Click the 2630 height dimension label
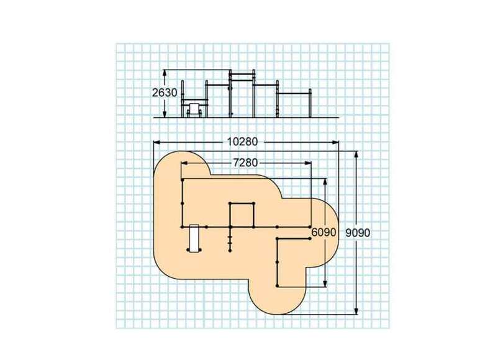tap(165, 92)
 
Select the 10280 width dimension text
tap(242, 142)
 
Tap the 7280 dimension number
tap(245, 163)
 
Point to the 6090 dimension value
tap(324, 233)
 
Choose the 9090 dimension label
tap(358, 233)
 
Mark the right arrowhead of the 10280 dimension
tap(335, 142)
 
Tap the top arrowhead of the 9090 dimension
tap(356, 155)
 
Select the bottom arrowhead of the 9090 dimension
tap(356, 310)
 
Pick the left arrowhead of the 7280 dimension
tap(185, 163)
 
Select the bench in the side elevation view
tap(194, 110)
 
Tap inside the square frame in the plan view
tap(242, 215)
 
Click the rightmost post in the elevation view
tap(310, 103)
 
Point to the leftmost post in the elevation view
tap(183, 99)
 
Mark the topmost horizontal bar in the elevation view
tap(242, 74)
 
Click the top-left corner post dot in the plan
tap(183, 180)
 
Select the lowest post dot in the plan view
tap(277, 286)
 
